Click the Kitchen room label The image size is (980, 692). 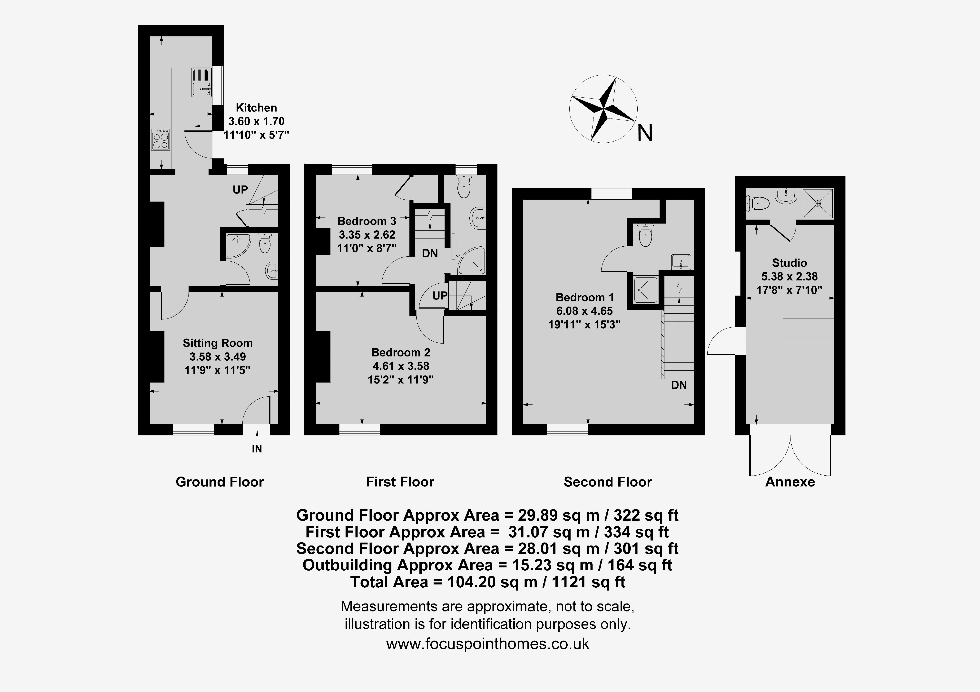[256, 108]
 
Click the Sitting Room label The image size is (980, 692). [218, 343]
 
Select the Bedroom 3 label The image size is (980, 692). [367, 221]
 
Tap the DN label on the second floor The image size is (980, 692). [679, 385]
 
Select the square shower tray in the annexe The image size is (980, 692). [818, 204]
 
